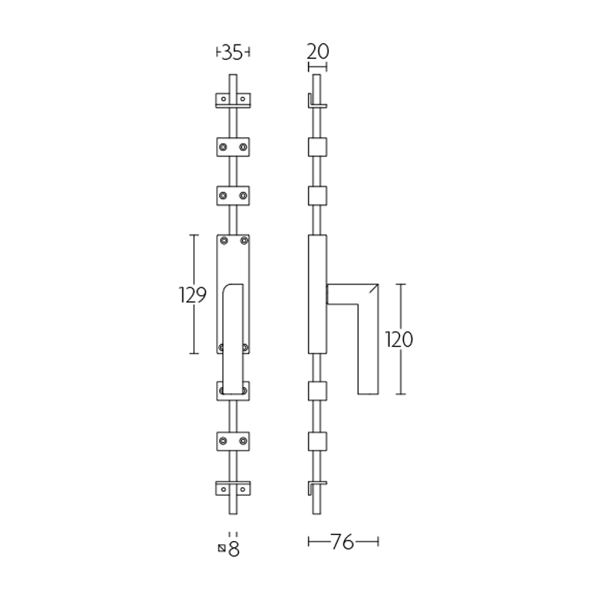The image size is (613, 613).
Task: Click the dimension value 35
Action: click(232, 52)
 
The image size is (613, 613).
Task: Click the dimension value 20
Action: click(317, 51)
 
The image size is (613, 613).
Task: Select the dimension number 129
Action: click(192, 295)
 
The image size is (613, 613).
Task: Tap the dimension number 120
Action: click(398, 339)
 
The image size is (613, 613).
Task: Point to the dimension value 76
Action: click(343, 543)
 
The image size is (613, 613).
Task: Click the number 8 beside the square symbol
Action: click(234, 549)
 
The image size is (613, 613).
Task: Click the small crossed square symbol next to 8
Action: click(222, 548)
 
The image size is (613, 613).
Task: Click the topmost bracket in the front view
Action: click(233, 100)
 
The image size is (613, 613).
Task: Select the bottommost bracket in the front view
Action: click(233, 488)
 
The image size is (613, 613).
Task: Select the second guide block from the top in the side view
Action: click(317, 195)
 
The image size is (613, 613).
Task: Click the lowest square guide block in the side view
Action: click(317, 441)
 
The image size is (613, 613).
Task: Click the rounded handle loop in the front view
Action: click(233, 337)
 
